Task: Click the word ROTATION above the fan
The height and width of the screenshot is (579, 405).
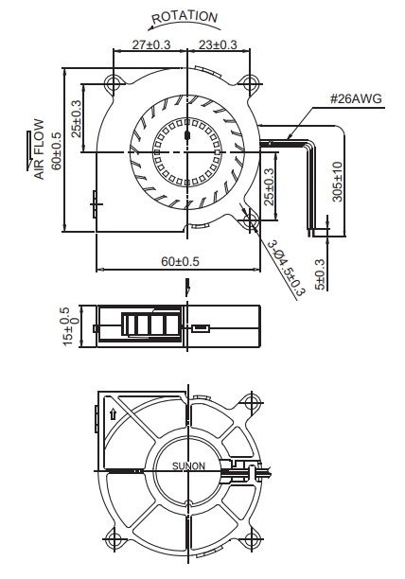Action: click(x=185, y=17)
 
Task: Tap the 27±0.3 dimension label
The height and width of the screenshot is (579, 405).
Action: click(x=151, y=44)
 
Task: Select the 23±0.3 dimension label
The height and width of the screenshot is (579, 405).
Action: click(x=218, y=44)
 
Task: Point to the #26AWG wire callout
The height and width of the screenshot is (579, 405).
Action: click(x=356, y=98)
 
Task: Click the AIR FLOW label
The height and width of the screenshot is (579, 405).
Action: click(x=39, y=149)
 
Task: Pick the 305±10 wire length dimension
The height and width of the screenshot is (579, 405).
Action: click(x=338, y=182)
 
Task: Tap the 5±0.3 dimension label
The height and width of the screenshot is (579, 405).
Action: click(x=320, y=274)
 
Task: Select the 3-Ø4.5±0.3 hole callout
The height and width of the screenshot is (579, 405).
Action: click(x=287, y=268)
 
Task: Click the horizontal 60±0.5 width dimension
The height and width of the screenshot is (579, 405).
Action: click(x=180, y=261)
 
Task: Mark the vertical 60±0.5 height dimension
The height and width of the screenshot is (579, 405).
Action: click(x=57, y=150)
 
